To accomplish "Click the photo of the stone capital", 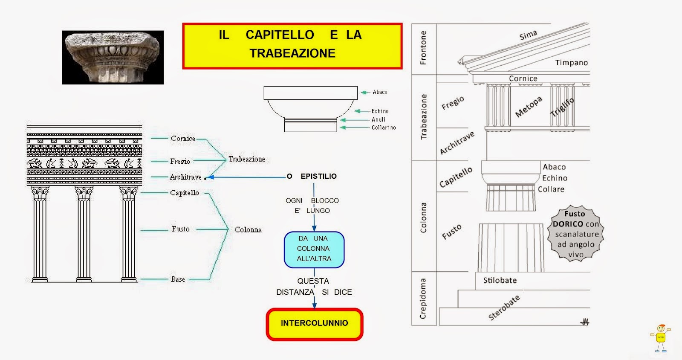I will pos(113,57).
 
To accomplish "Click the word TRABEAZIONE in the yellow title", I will pos(292,53).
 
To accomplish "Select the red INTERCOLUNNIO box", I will pos(315,323).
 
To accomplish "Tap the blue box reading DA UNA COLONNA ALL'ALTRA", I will pos(314,249).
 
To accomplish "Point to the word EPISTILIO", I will pos(318,176).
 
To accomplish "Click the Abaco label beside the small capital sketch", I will pos(380,92).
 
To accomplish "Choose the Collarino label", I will pos(383,128).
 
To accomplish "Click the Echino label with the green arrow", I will pos(379,111).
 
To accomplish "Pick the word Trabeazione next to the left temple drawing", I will pos(246,159).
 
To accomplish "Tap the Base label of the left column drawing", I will pos(178,279).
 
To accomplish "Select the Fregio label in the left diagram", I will pos(180,161).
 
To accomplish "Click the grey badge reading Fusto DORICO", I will pos(575,234).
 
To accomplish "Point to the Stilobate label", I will pos(500,280).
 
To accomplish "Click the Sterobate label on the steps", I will pos(504,308).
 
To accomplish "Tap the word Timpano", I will pos(571,63).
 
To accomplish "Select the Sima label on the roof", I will pos(528,35).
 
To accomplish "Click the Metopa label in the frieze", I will pos(529,107).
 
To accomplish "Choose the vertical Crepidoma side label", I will pos(423,299).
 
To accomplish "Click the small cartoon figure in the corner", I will pos(660,339).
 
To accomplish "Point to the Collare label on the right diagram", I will pos(551,189).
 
